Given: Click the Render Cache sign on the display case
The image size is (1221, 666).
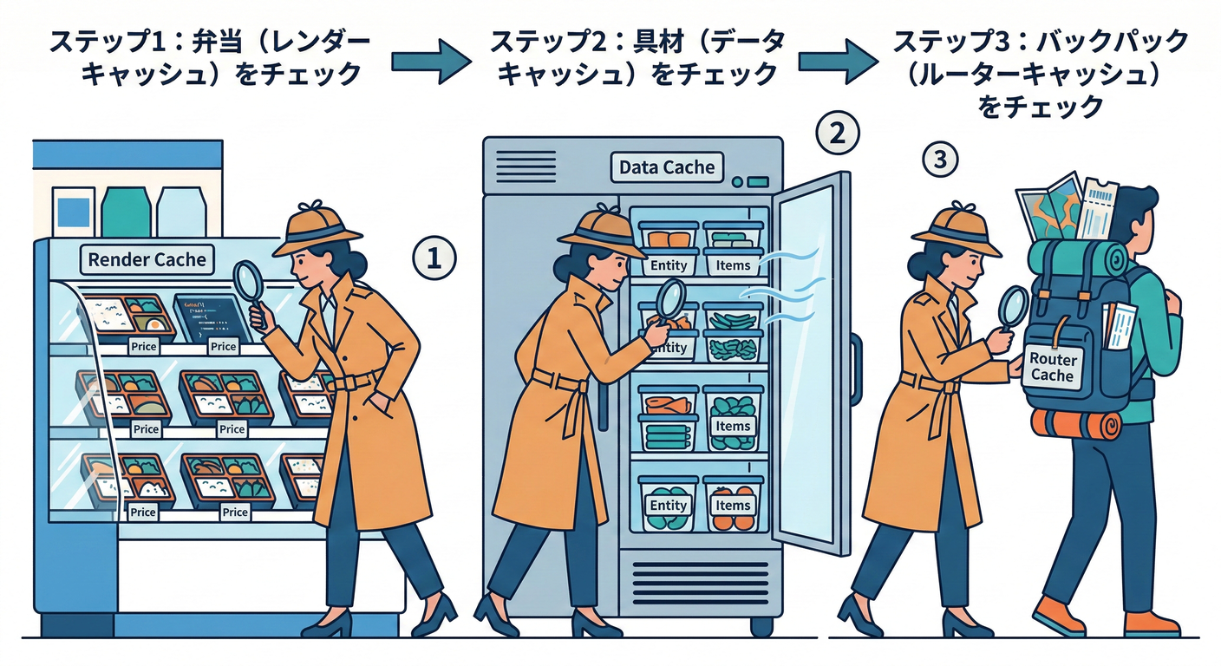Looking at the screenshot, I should pyautogui.click(x=148, y=258).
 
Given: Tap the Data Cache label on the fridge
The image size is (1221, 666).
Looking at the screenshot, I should pyautogui.click(x=667, y=166).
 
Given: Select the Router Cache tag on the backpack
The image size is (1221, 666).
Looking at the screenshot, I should pyautogui.click(x=1053, y=367).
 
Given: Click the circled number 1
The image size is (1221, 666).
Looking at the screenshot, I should pyautogui.click(x=433, y=257).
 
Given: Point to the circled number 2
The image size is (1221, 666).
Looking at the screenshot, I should pyautogui.click(x=838, y=134).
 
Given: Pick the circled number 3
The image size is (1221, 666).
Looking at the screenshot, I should pyautogui.click(x=941, y=160).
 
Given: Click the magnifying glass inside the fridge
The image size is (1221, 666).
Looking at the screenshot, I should pyautogui.click(x=669, y=299).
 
